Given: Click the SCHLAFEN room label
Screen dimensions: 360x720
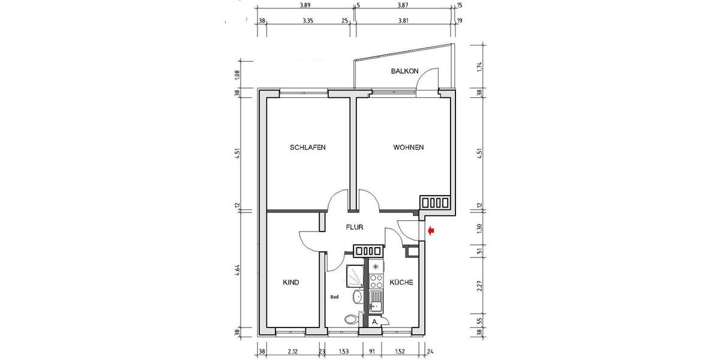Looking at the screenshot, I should (307, 148).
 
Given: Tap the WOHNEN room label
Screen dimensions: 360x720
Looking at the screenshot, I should (409, 148).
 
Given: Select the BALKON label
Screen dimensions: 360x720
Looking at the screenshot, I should (405, 71).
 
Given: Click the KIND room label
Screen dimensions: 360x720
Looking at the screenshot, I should (291, 282).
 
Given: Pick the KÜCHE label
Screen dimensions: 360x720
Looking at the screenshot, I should (401, 282).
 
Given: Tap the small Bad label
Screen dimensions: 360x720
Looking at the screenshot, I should (335, 297).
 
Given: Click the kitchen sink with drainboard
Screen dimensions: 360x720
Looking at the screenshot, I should (376, 300).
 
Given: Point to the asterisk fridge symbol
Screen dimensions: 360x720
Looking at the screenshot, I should (376, 266).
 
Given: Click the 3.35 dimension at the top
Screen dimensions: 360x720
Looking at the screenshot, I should (308, 20).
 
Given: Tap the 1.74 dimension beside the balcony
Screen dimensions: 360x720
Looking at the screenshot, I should (478, 67).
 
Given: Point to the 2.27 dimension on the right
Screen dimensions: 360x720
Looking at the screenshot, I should (478, 286).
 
